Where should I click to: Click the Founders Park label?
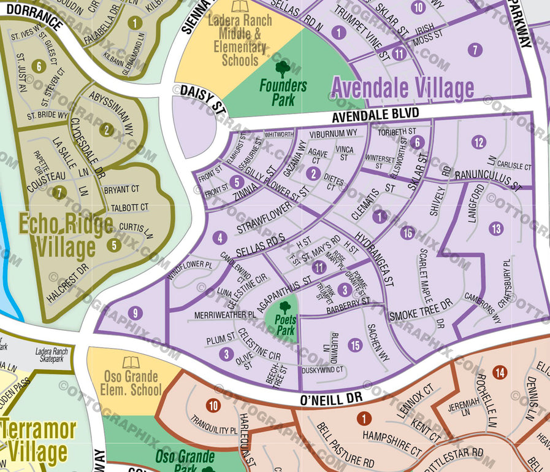[282, 91]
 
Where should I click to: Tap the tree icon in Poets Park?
[285, 306]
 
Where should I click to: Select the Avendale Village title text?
[402, 88]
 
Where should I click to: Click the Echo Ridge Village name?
[66, 235]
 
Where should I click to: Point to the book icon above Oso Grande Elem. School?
[131, 362]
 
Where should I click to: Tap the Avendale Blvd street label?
[376, 115]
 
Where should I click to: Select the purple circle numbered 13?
[495, 229]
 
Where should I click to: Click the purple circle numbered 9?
[136, 312]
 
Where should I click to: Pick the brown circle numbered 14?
[499, 372]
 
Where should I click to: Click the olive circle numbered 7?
[59, 192]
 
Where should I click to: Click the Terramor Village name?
[38, 441]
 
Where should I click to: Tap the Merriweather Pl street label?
[224, 315]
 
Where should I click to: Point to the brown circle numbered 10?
[213, 405]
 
